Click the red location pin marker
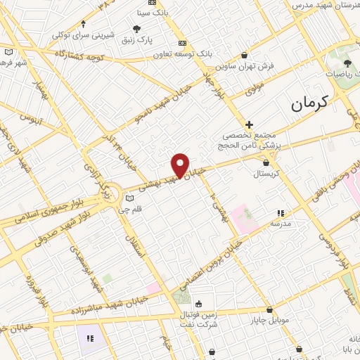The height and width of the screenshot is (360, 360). (x=181, y=165)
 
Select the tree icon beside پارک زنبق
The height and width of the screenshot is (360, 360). (x=136, y=29)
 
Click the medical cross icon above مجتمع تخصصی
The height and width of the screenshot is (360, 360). (x=249, y=124)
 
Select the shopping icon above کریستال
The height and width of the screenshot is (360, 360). (x=265, y=162)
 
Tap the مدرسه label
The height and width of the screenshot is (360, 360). (x=281, y=223)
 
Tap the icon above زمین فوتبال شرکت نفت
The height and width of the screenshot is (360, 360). (x=200, y=304)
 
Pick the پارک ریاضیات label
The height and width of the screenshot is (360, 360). (x=343, y=72)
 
